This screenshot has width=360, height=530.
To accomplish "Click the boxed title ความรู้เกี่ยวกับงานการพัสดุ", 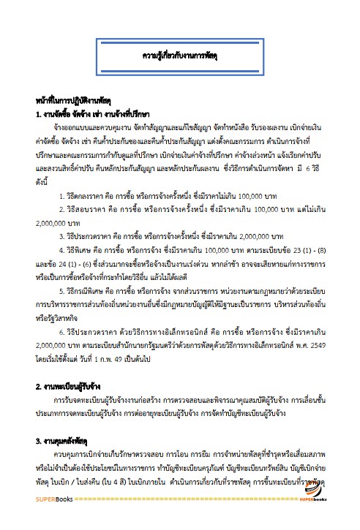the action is point(181,55).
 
